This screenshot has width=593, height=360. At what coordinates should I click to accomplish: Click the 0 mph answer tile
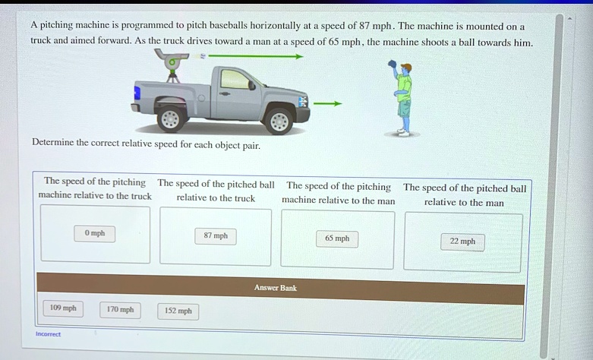coord(95,233)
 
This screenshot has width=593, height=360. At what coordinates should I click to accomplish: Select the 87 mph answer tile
coord(216,236)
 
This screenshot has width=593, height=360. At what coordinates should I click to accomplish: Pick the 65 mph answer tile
coord(337,238)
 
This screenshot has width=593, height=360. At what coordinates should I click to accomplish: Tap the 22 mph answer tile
coord(462,242)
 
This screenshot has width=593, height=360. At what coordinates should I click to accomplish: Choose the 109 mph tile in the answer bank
coord(63,308)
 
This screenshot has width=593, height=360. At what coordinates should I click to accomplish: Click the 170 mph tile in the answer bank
coord(120,310)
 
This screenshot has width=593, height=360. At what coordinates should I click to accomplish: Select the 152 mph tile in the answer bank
coord(178,311)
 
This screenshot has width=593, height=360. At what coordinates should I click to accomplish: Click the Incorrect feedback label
coord(48,334)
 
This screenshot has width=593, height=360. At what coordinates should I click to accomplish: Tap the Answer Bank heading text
coord(276,288)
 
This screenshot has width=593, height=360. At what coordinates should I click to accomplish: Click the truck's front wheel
coord(279,121)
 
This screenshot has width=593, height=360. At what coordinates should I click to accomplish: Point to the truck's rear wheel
coord(171,118)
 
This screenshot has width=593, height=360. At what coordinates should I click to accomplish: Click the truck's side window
coord(235,79)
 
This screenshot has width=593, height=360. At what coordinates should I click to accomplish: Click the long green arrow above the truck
coord(256,57)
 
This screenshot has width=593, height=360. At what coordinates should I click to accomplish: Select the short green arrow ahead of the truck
coord(327,103)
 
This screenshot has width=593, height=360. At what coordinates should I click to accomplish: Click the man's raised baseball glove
coord(392,65)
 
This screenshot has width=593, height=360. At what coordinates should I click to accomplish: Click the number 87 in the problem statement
coord(364,26)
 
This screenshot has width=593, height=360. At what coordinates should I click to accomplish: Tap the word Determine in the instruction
coord(52,142)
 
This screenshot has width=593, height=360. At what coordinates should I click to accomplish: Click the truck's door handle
coord(225,93)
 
